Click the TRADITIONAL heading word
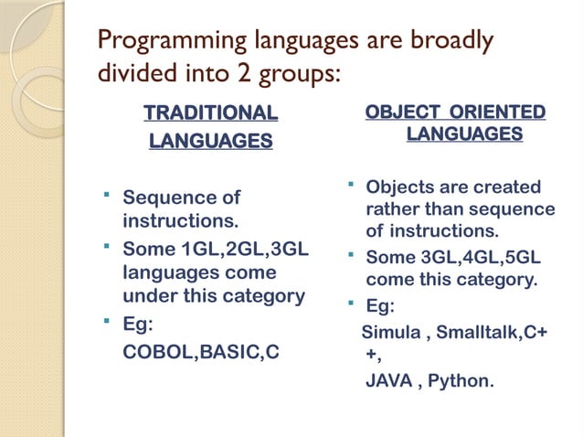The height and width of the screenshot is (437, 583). point(210,113)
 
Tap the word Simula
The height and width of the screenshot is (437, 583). point(391,330)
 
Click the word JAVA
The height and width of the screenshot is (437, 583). point(388,379)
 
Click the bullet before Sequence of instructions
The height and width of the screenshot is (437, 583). point(107,195)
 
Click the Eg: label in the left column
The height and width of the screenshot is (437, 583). point(139,325)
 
